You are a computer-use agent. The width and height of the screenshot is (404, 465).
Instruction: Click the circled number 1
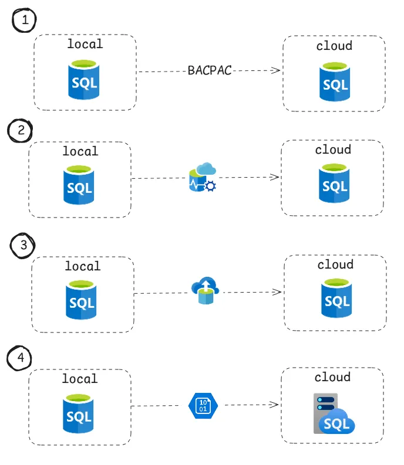tap(24, 20)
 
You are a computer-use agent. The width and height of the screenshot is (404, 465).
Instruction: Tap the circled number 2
tap(20, 131)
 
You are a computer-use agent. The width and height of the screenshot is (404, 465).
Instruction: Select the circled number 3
tap(23, 246)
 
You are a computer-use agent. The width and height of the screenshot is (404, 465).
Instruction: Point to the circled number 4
tap(19, 358)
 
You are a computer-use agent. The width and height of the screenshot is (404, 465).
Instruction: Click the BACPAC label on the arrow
tap(210, 70)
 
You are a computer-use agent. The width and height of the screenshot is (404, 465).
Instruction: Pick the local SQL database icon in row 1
tap(84, 80)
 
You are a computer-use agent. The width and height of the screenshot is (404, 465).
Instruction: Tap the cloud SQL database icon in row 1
tap(335, 82)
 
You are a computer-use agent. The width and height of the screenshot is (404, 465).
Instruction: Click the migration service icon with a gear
tap(203, 177)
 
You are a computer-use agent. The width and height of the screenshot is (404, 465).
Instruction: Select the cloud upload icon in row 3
tap(206, 291)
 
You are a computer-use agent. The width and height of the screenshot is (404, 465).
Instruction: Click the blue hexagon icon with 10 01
tap(203, 406)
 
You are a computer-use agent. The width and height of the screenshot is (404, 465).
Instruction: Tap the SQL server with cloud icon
tap(334, 414)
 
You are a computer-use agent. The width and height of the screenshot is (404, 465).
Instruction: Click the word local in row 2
tap(80, 151)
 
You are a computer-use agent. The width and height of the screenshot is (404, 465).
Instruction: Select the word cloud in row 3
tap(335, 264)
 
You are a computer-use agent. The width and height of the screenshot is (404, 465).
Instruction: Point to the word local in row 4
tap(80, 379)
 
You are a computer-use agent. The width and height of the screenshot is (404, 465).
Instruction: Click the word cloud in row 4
tap(333, 377)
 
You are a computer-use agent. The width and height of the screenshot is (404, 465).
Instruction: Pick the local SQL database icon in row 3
tap(81, 300)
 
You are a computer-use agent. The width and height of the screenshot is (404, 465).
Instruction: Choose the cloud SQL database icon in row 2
tap(334, 183)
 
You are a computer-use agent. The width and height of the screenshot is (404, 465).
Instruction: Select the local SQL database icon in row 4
tap(78, 414)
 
